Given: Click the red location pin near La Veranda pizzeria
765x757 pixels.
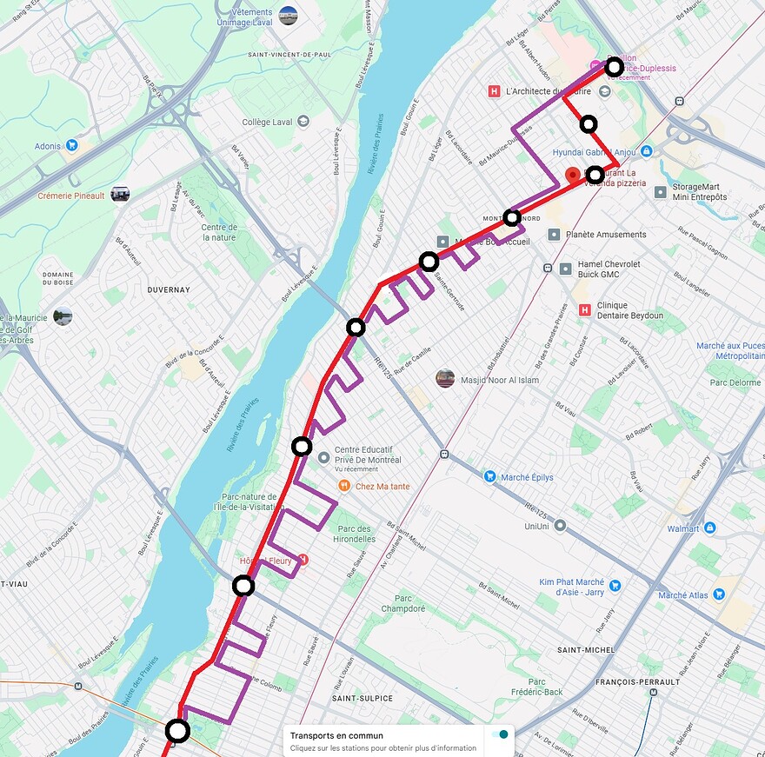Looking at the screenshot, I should [572, 175].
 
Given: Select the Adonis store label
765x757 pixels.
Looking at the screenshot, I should [48, 146].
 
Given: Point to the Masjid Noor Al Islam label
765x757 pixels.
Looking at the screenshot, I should [499, 380].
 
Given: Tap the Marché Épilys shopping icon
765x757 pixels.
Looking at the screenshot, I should [490, 476].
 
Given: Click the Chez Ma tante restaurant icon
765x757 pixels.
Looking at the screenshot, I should [344, 486].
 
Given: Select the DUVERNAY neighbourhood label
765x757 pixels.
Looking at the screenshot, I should [169, 289].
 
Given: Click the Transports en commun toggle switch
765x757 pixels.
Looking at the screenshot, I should [500, 735].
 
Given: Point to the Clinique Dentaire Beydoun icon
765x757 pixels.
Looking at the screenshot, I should [584, 309].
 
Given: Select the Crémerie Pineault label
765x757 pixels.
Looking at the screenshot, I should [70, 196].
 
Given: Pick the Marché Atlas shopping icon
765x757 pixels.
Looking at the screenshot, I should [719, 594].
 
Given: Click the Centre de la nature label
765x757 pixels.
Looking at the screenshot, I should [219, 232].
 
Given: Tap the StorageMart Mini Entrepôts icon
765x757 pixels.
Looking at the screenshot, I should [661, 191].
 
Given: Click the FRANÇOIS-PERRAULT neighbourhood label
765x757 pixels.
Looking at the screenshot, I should [631, 682].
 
